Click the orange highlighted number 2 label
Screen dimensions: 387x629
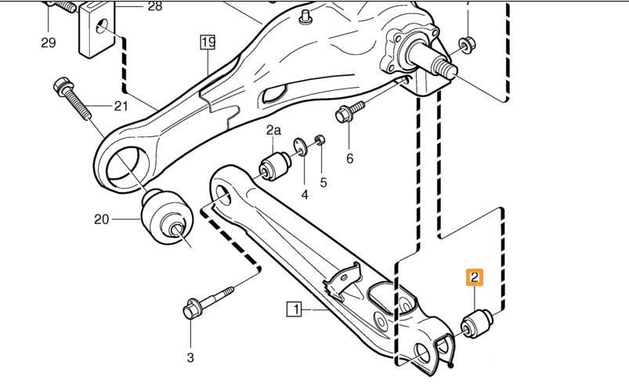click(475, 277)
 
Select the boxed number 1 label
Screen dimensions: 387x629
click(295, 309)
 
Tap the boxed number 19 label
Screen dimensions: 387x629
click(207, 42)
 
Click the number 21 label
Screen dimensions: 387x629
click(120, 106)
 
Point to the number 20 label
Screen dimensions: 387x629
click(102, 219)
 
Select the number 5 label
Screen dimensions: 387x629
click(323, 182)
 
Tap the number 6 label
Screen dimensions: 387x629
click(349, 158)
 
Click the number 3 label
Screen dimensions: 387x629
click(190, 358)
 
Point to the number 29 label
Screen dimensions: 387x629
click(49, 42)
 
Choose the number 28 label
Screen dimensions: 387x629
click(154, 6)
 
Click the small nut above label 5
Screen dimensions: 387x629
click(320, 140)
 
